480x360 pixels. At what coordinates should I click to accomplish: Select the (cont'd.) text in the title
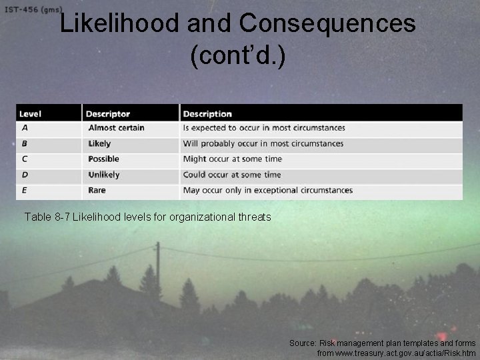[x=238, y=57]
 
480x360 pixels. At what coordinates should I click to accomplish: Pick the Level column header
[x=30, y=114]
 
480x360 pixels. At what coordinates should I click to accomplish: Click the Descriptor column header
[x=108, y=114]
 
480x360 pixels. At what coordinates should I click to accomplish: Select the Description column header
[x=207, y=114]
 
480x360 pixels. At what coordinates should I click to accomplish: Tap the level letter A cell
[x=25, y=127]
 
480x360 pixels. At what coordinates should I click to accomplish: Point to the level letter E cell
[x=25, y=190]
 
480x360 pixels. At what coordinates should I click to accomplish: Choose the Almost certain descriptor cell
[x=116, y=127]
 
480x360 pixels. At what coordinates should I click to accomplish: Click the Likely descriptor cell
[x=99, y=143]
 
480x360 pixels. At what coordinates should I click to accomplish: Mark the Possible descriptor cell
[x=103, y=159]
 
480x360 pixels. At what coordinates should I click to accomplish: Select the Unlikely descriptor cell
[x=104, y=175]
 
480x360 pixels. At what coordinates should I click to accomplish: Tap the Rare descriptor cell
[x=97, y=190]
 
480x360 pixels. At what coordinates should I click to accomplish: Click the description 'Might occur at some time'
[x=232, y=159]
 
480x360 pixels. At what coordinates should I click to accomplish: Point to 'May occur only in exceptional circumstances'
[x=267, y=190]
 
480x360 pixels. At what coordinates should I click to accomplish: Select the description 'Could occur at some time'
[x=232, y=175]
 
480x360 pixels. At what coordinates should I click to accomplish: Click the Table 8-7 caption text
[x=147, y=217]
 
